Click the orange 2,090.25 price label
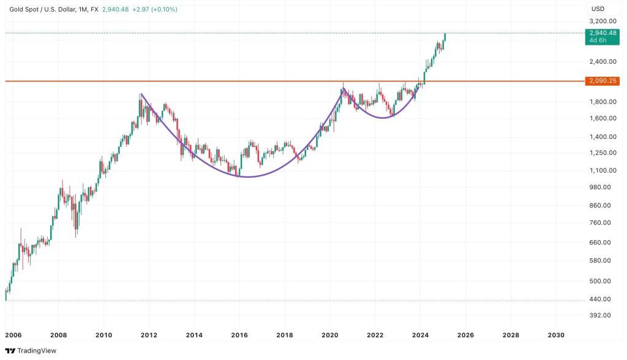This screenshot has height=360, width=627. click(603, 81)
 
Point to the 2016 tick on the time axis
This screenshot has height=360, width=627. click(239, 335)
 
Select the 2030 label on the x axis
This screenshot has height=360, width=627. click(556, 335)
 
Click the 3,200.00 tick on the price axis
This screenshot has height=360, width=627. click(603, 20)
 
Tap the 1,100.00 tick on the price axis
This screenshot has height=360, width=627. click(603, 170)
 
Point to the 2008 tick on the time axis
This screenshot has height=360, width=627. click(58, 335)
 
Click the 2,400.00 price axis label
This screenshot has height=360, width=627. click(603, 61)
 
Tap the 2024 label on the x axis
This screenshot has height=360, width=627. click(420, 335)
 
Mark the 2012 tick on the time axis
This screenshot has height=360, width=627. click(149, 335)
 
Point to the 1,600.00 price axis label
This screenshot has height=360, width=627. click(603, 118)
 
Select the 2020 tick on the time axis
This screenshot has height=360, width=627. click(330, 335)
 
